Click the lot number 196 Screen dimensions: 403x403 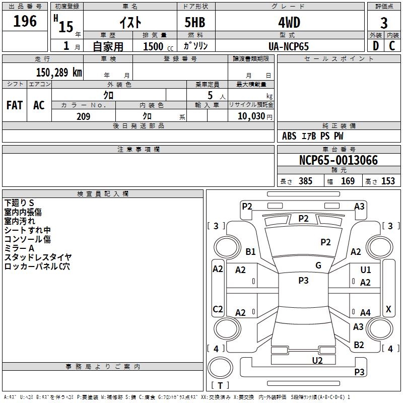click(25, 21)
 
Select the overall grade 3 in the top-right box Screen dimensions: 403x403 click(384, 23)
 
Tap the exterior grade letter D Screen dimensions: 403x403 click(376, 46)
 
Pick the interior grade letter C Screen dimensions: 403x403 click(392, 46)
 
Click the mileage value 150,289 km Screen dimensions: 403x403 click(59, 73)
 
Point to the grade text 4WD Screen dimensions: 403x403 click(289, 23)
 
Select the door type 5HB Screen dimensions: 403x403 click(195, 22)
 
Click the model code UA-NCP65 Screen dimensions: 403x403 click(289, 46)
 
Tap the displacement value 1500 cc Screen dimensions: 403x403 click(158, 46)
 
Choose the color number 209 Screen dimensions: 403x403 click(83, 116)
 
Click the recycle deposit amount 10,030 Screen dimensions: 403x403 click(251, 116)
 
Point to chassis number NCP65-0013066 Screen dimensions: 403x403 click(339, 160)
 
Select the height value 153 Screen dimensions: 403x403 click(388, 181)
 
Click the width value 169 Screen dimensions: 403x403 click(348, 181)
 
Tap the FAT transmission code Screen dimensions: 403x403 click(15, 105)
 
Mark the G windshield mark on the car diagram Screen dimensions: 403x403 click(318, 265)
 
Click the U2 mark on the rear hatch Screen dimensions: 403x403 click(317, 360)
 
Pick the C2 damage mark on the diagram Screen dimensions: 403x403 click(218, 309)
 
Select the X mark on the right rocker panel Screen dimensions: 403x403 click(388, 309)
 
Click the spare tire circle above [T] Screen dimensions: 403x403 click(220, 368)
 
